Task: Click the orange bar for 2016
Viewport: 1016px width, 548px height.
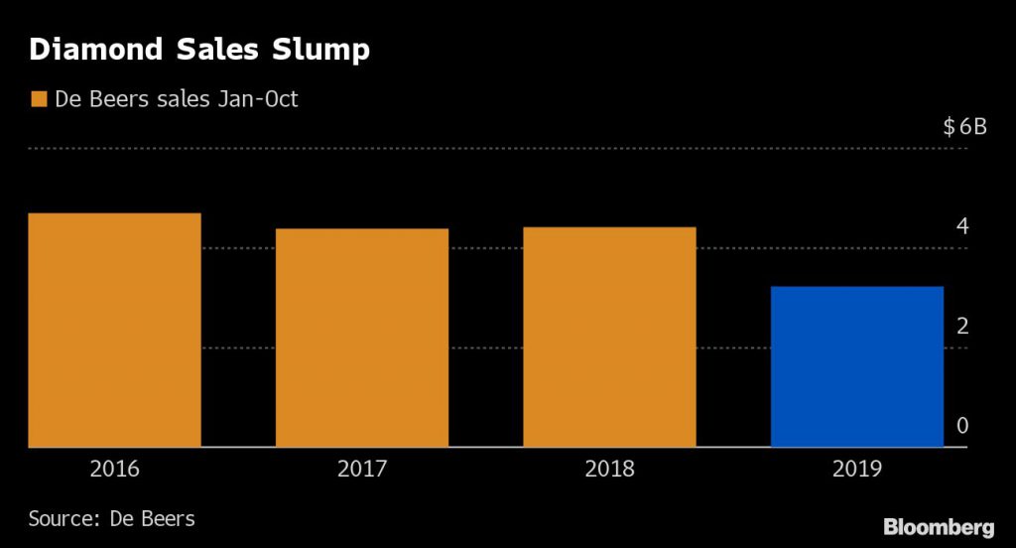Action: click(114, 331)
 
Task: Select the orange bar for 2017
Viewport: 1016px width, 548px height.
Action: click(362, 338)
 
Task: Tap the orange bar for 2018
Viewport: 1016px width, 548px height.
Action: click(609, 338)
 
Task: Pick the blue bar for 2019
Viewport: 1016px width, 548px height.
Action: click(856, 366)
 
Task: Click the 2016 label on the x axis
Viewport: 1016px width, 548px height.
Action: click(114, 469)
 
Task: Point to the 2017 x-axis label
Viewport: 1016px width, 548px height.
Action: click(362, 469)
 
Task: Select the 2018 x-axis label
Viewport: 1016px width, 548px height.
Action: click(609, 469)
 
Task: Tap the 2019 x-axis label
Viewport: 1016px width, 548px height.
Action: click(856, 469)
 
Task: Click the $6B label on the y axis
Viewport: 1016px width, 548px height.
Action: click(964, 127)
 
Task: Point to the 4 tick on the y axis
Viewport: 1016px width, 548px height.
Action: click(961, 226)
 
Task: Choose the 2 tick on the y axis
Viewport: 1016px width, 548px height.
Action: click(961, 327)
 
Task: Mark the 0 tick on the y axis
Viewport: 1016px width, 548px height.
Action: click(961, 426)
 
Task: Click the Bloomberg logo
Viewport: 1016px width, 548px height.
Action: click(939, 525)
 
